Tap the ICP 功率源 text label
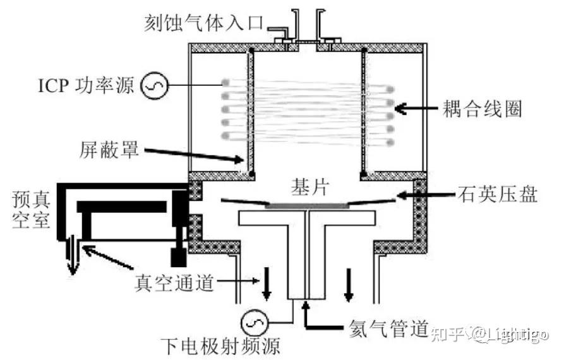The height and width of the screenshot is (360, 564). point(86,86)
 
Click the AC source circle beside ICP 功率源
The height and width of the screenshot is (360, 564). point(154,86)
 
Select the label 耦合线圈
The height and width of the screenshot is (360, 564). point(482,108)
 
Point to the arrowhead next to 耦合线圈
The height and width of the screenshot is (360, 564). point(401,108)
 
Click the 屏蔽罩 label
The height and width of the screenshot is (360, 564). point(109,149)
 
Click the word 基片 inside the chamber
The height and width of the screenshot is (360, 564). point(310,187)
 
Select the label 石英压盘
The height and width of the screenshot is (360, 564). point(498,194)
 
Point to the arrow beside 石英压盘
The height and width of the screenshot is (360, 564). point(426,195)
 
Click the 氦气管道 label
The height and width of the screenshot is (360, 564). point(388,328)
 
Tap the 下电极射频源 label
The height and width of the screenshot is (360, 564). point(220,347)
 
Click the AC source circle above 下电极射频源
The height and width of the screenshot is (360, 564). point(255,323)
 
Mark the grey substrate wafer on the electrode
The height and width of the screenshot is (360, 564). point(307,206)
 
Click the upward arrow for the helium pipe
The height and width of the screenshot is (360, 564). point(306,315)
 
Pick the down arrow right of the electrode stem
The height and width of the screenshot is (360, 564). point(348,284)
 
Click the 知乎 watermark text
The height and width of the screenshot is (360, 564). point(447,335)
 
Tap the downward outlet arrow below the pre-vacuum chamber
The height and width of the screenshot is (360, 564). point(73,255)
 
